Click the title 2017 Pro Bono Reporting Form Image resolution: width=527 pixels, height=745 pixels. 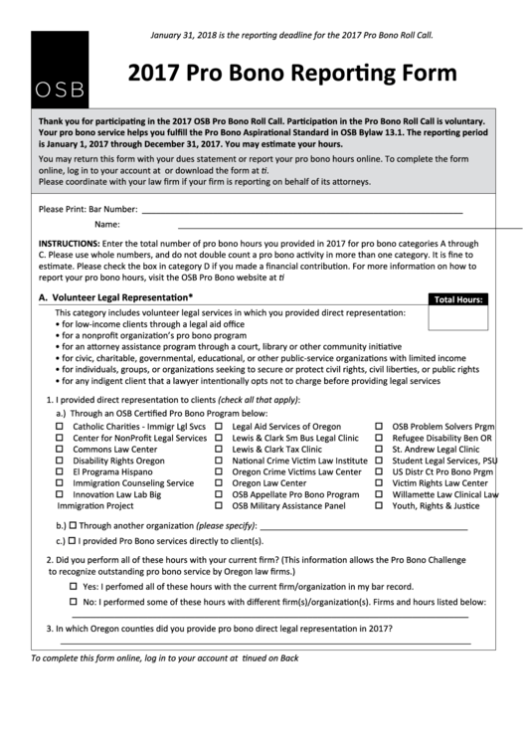click(x=292, y=74)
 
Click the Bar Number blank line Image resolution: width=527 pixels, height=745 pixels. click(x=301, y=212)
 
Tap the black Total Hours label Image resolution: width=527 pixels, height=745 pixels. click(x=458, y=298)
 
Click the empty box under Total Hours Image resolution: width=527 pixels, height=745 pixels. click(x=458, y=317)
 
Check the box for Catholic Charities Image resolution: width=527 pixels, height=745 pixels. click(x=59, y=426)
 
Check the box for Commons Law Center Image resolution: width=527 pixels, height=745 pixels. click(x=59, y=450)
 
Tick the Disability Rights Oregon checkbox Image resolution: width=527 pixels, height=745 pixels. click(x=59, y=462)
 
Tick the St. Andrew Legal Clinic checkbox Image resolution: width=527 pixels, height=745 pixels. click(x=379, y=450)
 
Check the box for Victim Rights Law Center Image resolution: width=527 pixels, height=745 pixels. click(x=379, y=483)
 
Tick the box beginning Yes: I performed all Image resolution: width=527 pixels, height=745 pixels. click(x=74, y=587)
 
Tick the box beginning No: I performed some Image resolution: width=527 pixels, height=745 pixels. click(x=74, y=603)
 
